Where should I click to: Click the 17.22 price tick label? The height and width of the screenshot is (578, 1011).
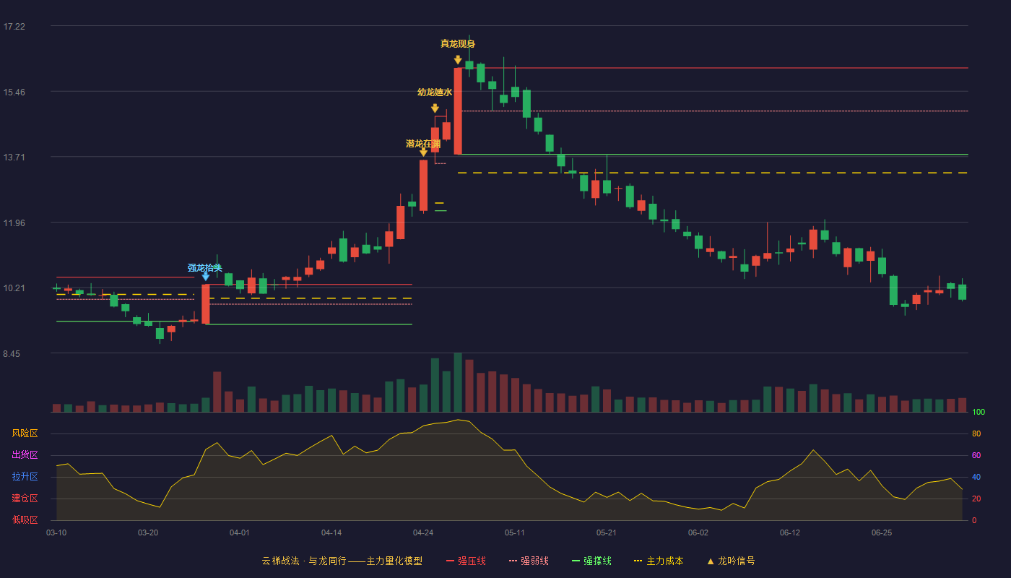coord(14,27)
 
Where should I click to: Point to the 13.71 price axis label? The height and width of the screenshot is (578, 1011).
coord(14,158)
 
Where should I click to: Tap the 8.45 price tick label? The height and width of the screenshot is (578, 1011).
coord(12,353)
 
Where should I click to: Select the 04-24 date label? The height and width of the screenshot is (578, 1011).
coord(423,533)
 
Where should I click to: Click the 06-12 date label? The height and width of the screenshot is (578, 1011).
coord(790,533)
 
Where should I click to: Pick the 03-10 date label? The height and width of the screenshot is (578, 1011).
coord(56,533)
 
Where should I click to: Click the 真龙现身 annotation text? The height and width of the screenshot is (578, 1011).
coord(458,44)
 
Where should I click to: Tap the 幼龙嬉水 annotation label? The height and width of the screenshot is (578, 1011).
coord(435,92)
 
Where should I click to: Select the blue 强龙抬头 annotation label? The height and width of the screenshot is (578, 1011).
coord(205,268)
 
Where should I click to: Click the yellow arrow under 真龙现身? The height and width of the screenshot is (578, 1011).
coord(458,60)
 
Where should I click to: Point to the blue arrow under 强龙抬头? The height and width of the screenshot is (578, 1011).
coord(205,276)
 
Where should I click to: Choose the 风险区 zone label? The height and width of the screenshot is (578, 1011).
coord(25,433)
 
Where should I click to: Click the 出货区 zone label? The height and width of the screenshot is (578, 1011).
coord(25,454)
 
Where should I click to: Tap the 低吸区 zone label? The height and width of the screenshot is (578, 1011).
coord(25,519)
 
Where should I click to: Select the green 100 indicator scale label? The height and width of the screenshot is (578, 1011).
coord(979,412)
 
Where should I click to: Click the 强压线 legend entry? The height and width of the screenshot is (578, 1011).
coord(466,561)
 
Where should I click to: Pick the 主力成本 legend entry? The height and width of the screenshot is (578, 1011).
coord(659,561)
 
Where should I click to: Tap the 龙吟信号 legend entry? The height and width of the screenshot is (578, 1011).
coord(731,561)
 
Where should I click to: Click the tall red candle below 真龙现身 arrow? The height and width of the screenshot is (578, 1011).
coord(458,111)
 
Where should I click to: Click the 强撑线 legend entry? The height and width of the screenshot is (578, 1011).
coord(591,561)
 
